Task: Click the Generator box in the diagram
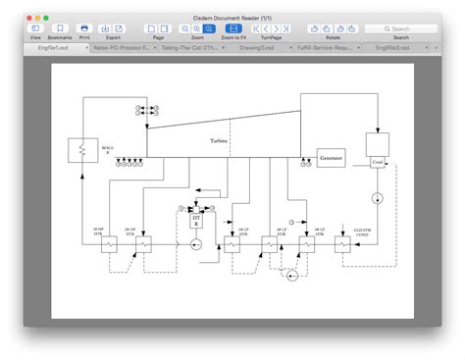(x=331, y=157)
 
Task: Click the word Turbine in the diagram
(x=218, y=142)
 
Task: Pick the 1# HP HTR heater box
(x=109, y=246)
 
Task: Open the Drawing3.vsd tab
(x=256, y=47)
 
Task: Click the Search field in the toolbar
(x=401, y=28)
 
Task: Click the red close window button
(x=31, y=18)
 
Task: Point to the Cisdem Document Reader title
(x=232, y=18)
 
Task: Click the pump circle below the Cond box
(x=378, y=198)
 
